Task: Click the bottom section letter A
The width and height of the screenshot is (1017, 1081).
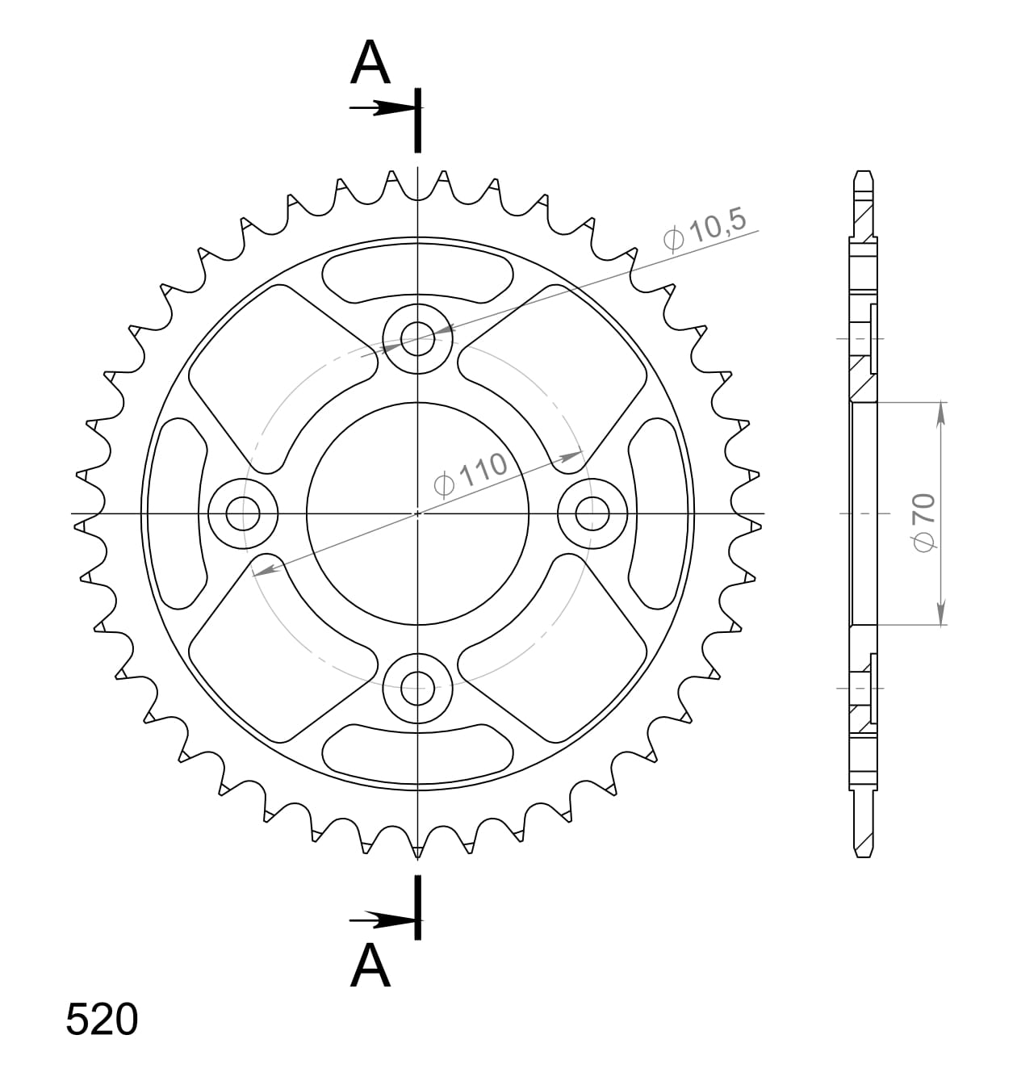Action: click(x=370, y=966)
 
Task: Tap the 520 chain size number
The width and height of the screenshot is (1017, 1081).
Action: click(x=102, y=1020)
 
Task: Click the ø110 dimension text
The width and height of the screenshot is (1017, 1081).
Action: click(x=471, y=473)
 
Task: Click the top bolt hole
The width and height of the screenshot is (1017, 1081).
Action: click(x=416, y=337)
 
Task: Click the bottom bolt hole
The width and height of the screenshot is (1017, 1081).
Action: click(x=416, y=689)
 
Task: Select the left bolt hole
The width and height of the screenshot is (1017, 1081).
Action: click(x=242, y=513)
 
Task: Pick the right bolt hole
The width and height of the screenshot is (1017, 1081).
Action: click(x=592, y=513)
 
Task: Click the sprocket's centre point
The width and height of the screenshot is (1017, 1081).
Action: click(x=417, y=513)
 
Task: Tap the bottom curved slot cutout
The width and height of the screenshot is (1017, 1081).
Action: click(x=416, y=751)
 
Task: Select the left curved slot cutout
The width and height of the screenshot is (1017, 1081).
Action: click(x=178, y=513)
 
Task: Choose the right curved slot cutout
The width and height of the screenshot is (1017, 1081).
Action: click(x=655, y=513)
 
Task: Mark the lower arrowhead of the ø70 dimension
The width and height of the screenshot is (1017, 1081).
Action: click(x=941, y=615)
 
